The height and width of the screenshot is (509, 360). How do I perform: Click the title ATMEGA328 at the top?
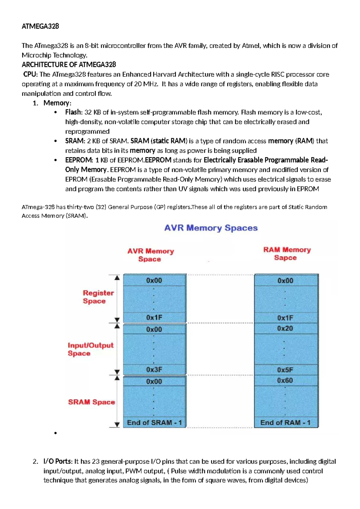pos(40,26)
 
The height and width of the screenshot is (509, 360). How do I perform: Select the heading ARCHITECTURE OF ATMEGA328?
pos(69,65)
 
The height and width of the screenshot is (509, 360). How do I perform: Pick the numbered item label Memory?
pos(57,103)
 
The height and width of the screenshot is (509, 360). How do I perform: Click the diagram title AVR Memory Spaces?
pos(211,228)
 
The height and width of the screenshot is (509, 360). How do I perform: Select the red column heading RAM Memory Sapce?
pos(286,254)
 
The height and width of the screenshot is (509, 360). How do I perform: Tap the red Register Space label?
pos(98,297)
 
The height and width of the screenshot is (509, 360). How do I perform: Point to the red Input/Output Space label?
pos(90,349)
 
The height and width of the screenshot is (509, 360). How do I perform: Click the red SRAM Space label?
pos(91,402)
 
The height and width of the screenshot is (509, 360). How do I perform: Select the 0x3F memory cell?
pos(154,370)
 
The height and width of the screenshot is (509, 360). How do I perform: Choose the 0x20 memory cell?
pos(285,328)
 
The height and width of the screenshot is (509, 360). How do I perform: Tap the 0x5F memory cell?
pos(285,370)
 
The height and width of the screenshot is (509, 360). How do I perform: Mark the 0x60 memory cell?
pos(285,381)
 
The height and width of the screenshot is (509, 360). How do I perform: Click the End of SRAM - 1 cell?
pos(154,423)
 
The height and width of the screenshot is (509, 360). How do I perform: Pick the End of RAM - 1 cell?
pos(285,423)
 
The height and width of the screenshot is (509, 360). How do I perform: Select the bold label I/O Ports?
pos(58,461)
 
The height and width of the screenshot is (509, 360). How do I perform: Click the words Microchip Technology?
pos(54,55)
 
